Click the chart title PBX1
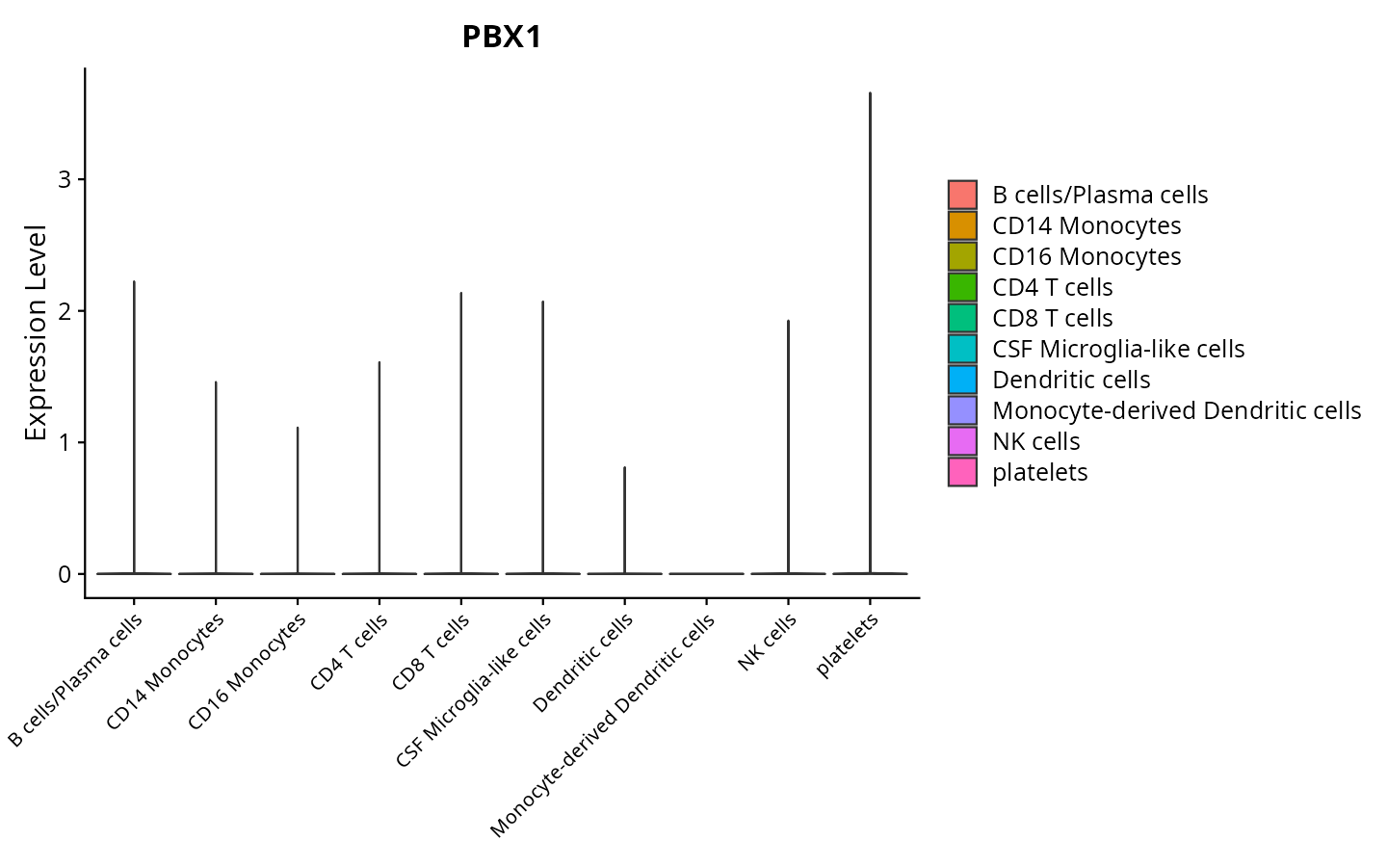(502, 38)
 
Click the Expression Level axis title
(36, 333)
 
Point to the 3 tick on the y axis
(65, 180)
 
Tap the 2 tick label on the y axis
(65, 311)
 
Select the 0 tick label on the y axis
(65, 574)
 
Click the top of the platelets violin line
(870, 94)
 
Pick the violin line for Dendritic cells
(625, 520)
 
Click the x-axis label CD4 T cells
(350, 651)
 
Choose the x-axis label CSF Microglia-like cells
(474, 690)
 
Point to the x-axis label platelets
(848, 645)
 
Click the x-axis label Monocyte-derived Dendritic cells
(603, 724)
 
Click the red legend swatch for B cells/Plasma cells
(962, 195)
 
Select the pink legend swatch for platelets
(962, 472)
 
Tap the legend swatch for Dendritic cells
(962, 380)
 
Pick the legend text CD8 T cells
(1052, 318)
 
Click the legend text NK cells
(1035, 441)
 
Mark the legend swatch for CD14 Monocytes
(962, 225)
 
